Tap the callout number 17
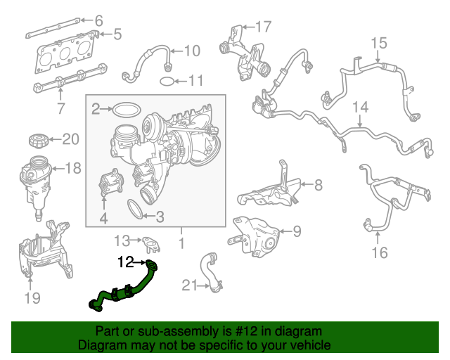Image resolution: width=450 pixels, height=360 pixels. (x=262, y=27)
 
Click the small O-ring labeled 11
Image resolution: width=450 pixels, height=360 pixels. (x=166, y=81)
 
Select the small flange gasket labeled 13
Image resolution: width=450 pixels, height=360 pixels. (x=150, y=243)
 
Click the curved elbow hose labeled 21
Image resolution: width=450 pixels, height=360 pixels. (x=211, y=271)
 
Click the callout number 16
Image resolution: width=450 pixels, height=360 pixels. (x=379, y=252)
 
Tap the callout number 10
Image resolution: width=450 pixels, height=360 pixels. (x=191, y=51)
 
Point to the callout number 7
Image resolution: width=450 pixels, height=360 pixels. (x=60, y=109)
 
